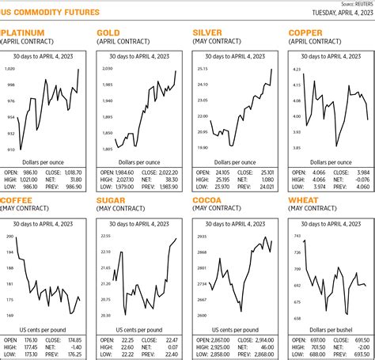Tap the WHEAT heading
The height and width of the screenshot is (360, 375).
tap(306, 200)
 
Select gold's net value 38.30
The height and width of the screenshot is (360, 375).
tap(172, 179)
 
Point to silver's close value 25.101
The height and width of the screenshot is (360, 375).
tap(265, 172)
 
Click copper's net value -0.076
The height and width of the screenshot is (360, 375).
tap(362, 179)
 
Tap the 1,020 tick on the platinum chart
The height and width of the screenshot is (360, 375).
tap(11, 70)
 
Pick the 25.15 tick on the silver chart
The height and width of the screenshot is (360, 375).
tap(202, 70)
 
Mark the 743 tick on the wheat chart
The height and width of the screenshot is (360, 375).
tap(297, 237)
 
